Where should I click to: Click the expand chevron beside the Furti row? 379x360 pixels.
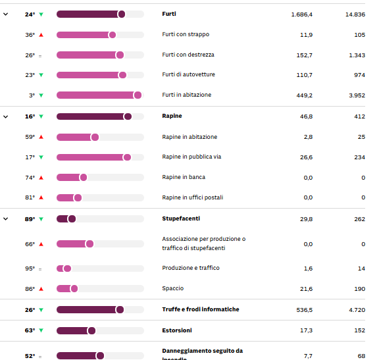coord(6,14)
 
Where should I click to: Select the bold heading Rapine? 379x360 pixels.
coord(172,116)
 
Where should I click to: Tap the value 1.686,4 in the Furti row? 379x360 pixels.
coord(301,14)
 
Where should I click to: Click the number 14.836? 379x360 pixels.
coord(354,14)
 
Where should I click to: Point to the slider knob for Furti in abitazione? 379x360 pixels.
coord(138,95)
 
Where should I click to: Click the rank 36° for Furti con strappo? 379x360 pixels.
coord(30,35)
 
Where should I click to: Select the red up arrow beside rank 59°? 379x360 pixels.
coord(41,137)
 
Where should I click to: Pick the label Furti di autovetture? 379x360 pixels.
coord(188,74)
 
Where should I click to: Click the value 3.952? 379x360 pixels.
coord(355,95)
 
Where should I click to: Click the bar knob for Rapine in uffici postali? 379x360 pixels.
coord(78,197)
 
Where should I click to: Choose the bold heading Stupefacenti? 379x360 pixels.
coord(181,218)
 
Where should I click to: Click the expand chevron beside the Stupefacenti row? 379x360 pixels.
coord(6,219)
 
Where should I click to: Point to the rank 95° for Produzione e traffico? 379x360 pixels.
coord(30,269)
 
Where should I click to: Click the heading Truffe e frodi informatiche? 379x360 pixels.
coord(201,309)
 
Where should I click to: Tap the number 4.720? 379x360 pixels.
coord(355,309)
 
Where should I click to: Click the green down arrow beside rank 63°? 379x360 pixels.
coord(41,330)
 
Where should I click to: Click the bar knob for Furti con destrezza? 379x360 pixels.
coord(120,55)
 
